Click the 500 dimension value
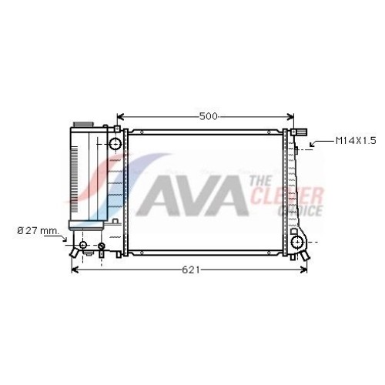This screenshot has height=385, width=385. (208, 116)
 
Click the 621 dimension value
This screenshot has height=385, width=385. (191, 269)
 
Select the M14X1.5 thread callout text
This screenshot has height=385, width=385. (356, 141)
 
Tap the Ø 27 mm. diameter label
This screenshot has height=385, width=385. (38, 231)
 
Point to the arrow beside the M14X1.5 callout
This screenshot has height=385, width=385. (321, 142)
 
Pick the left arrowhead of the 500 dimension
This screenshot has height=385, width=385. (120, 117)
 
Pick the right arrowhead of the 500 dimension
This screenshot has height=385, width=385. (290, 117)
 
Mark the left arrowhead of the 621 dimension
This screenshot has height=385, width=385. (75, 269)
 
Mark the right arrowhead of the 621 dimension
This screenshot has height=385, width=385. (303, 269)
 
